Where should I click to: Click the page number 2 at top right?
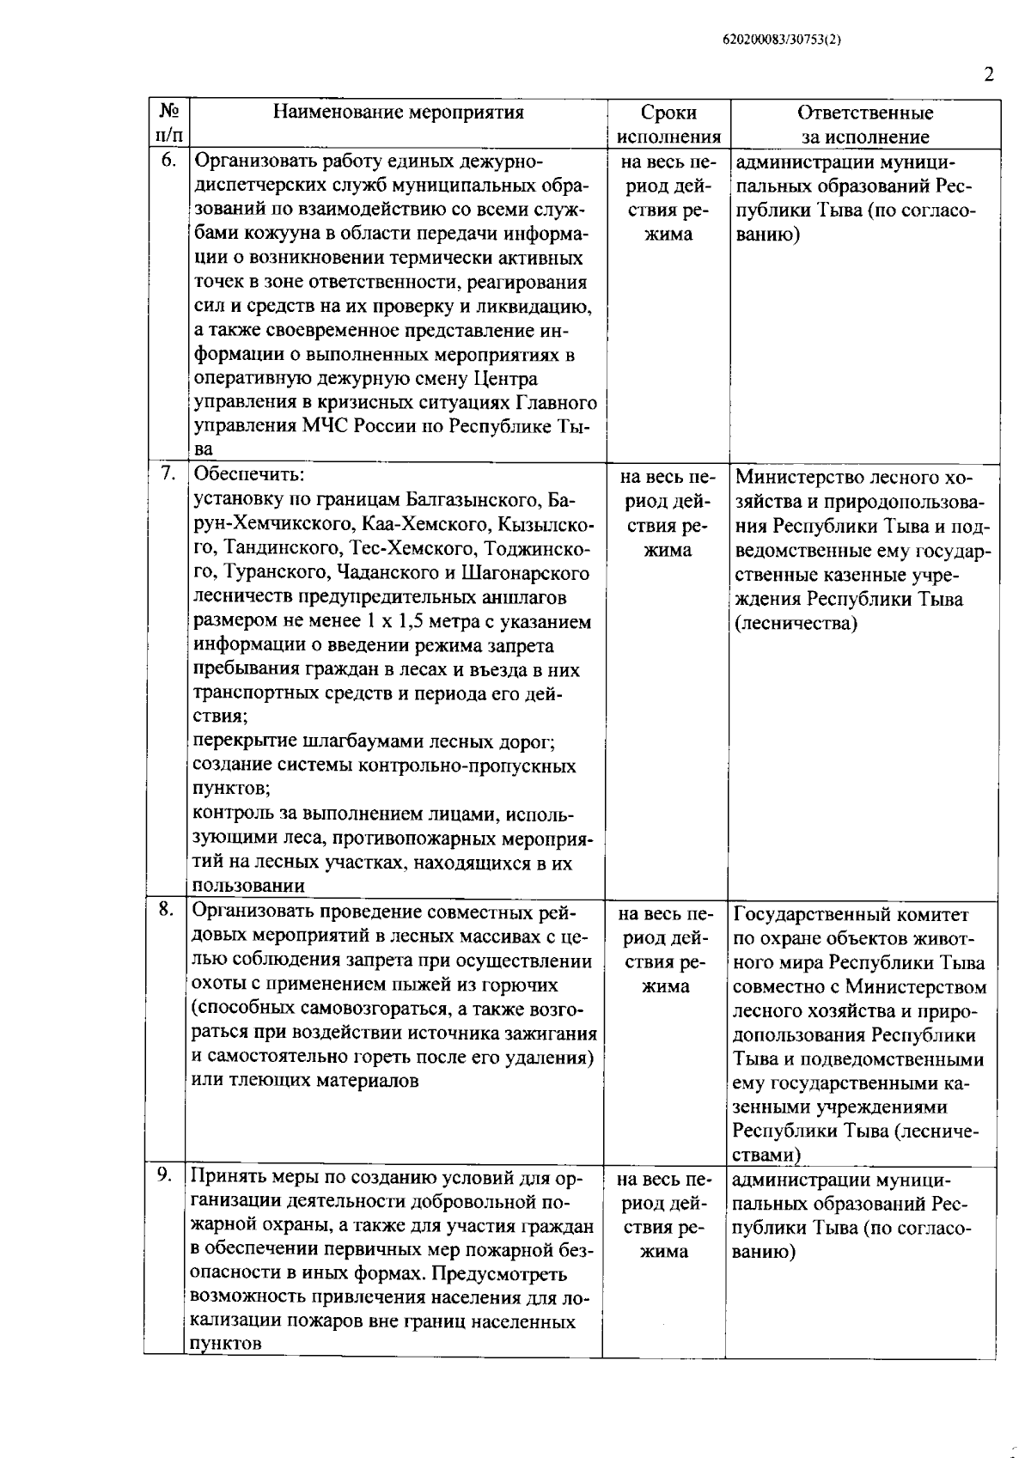pos(988,75)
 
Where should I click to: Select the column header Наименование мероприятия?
pos(398,113)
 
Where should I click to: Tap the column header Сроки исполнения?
pos(668,125)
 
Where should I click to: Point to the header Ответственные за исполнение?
pos(864,125)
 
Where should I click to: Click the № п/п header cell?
pos(168,124)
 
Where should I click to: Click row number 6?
pos(169,161)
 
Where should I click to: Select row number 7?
pos(169,473)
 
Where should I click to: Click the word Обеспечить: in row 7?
pos(249,475)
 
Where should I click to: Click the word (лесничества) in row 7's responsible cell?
pos(795,624)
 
